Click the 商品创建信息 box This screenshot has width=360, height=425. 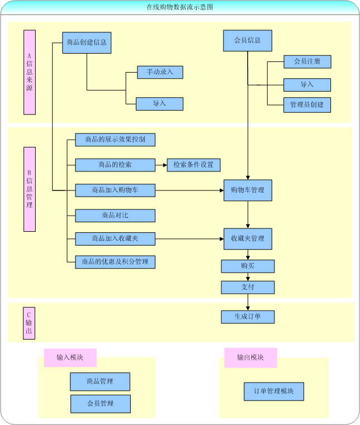pyautogui.click(x=86, y=42)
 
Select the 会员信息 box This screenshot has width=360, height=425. pyautogui.click(x=247, y=41)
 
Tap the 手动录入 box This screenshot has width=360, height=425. pyautogui.click(x=160, y=72)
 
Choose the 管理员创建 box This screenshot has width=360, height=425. pyautogui.click(x=307, y=104)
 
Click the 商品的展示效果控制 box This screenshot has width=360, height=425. pyautogui.click(x=115, y=140)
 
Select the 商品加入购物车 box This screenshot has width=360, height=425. pyautogui.click(x=115, y=190)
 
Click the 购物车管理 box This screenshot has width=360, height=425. pyautogui.click(x=248, y=190)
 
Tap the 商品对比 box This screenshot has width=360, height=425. pyautogui.click(x=115, y=216)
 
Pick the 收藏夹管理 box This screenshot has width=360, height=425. pyautogui.click(x=248, y=238)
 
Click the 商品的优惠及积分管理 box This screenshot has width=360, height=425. pyautogui.click(x=115, y=261)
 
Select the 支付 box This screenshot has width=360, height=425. pyautogui.click(x=248, y=287)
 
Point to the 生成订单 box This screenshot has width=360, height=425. pyautogui.click(x=248, y=317)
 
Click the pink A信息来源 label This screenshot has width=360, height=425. pyautogui.click(x=30, y=72)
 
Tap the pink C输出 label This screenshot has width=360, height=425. pyautogui.click(x=29, y=323)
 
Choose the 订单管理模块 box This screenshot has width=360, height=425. pyautogui.click(x=274, y=391)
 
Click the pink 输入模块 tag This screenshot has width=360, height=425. pyautogui.click(x=70, y=357)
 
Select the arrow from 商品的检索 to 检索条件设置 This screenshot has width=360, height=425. pyautogui.click(x=160, y=165)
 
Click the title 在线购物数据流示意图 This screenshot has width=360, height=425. pyautogui.click(x=179, y=7)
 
